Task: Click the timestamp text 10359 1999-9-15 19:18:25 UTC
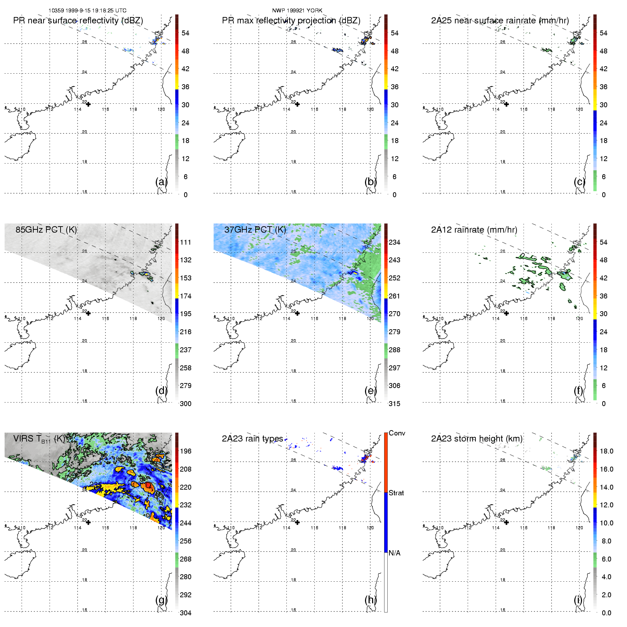pos(87,11)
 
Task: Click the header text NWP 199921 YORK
pos(297,11)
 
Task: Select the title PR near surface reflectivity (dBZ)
pos(78,21)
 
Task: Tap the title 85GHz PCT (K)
pos(46,230)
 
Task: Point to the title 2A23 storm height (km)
pos(477,439)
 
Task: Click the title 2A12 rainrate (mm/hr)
pos(474,230)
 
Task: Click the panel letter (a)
pos(161,182)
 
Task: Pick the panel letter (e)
pos(370,391)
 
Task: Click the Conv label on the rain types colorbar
pos(397,433)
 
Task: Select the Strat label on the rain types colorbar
pos(396,493)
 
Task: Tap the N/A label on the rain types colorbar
pos(394,553)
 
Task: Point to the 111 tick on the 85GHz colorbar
pos(186,242)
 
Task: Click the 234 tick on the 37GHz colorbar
pos(394,242)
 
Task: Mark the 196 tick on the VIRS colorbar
pos(186,451)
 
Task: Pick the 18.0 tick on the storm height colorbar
pos(606,451)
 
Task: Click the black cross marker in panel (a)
pos(88,104)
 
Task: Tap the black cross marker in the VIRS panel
pos(88,522)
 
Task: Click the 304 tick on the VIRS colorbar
pos(186,613)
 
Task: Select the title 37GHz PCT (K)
pos(255,230)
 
